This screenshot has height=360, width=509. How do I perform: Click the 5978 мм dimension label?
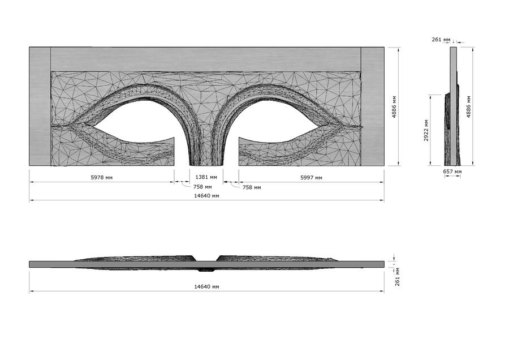(x=102, y=177)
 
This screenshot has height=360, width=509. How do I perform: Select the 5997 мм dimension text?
(x=311, y=177)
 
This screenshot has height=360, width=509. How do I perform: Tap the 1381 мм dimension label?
(x=206, y=177)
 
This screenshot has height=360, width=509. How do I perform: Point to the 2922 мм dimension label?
(x=426, y=130)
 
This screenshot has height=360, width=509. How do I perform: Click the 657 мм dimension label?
(x=452, y=172)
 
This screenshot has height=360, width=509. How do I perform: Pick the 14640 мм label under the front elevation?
(x=206, y=196)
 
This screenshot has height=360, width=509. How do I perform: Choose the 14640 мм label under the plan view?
(x=206, y=286)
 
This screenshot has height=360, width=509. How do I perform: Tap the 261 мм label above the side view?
(x=441, y=39)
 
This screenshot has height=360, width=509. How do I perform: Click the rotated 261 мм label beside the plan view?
(x=398, y=277)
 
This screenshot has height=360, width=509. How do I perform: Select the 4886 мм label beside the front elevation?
(x=394, y=106)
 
